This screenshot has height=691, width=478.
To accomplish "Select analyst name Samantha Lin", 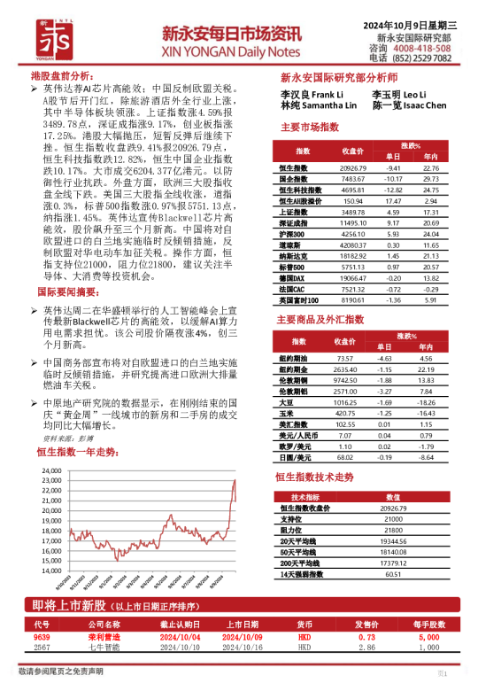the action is (x=320, y=105).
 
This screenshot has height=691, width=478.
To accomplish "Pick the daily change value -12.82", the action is (x=393, y=190).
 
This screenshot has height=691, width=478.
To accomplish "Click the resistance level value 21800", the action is (x=394, y=530).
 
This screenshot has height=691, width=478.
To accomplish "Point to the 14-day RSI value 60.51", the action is (x=394, y=574).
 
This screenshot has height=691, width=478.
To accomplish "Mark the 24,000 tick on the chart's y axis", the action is (x=50, y=470).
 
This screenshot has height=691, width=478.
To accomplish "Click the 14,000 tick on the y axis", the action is (x=50, y=571).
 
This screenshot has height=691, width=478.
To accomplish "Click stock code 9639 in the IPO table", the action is (x=42, y=637).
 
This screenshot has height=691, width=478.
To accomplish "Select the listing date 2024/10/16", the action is (x=239, y=648).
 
